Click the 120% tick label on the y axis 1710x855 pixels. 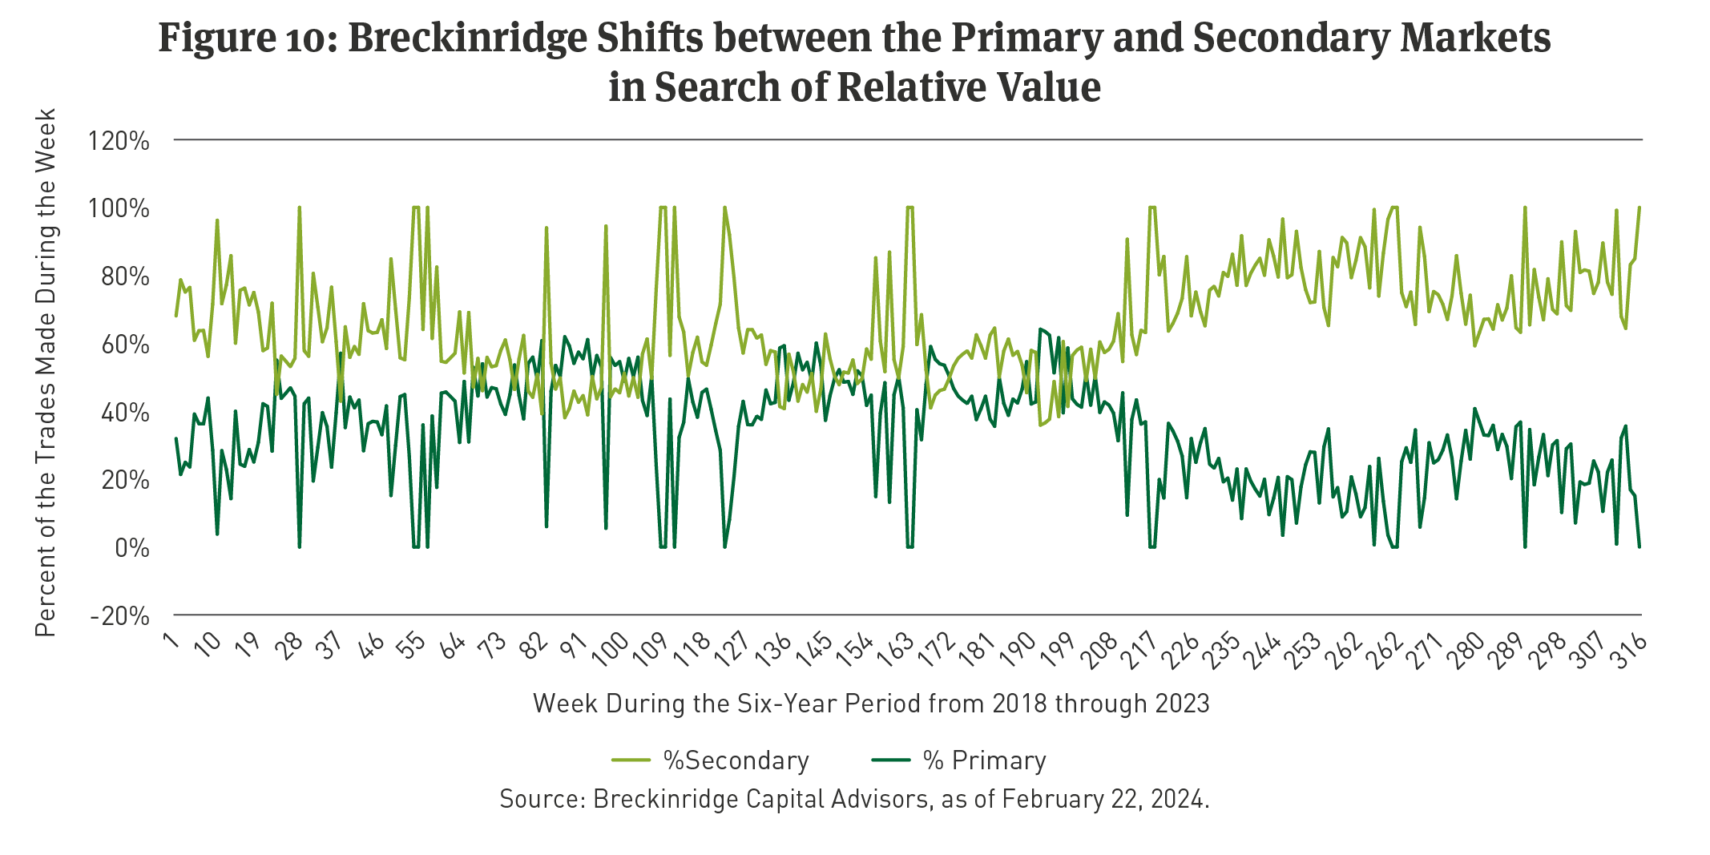(x=119, y=141)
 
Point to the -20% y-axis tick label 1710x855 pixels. (x=120, y=616)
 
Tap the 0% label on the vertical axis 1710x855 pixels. (x=131, y=548)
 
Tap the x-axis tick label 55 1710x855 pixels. (x=413, y=646)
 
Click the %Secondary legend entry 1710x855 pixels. (x=736, y=760)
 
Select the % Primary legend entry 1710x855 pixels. (x=984, y=760)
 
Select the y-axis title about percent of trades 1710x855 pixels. (x=46, y=373)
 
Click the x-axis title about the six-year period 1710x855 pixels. (x=871, y=704)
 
